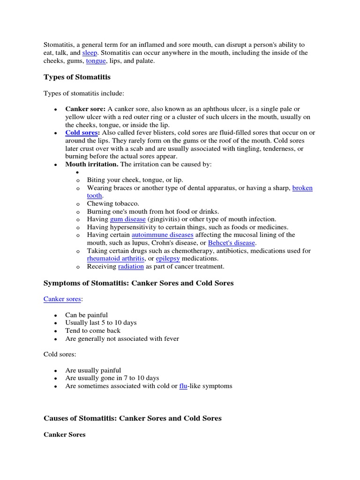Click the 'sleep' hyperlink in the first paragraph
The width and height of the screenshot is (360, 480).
(90, 53)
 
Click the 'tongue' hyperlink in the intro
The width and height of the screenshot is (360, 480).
(96, 61)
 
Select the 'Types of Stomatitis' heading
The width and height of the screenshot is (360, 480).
(77, 77)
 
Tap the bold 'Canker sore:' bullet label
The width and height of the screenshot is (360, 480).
(85, 109)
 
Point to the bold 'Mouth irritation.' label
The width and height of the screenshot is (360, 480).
(92, 165)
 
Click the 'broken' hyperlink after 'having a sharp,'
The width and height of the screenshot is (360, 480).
(302, 188)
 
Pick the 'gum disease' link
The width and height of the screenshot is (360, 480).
(128, 219)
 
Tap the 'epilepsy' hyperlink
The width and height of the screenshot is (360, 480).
(168, 259)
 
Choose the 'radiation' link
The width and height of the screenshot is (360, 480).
(131, 267)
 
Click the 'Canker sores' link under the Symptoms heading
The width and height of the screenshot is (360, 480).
(62, 299)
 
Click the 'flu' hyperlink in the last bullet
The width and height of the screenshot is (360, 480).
(183, 386)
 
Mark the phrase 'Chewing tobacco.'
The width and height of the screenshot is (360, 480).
(113, 203)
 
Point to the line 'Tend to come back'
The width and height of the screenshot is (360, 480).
(93, 330)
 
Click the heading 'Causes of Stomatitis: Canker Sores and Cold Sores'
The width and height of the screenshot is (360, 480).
(132, 418)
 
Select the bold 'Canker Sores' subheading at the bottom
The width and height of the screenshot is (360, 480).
(64, 435)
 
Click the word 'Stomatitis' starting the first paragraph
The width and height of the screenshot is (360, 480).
(59, 45)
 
